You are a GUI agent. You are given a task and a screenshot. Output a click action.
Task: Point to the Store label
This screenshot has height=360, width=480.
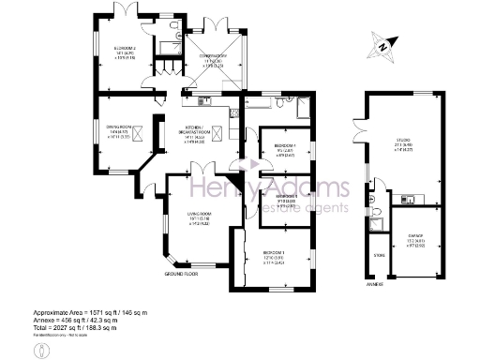(379, 255)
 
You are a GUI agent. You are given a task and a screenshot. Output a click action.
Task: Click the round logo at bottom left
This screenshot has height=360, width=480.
(40, 350)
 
